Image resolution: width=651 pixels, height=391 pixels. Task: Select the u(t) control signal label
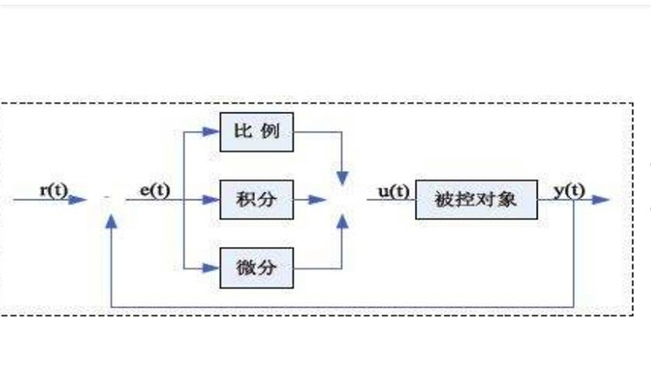click(x=393, y=189)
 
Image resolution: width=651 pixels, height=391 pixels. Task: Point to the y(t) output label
click(x=569, y=189)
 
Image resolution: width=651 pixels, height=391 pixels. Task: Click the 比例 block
click(x=257, y=132)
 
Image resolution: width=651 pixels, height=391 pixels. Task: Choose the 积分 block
click(x=257, y=199)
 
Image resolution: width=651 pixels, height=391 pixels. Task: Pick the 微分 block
click(x=257, y=267)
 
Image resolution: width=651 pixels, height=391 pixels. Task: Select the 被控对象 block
click(x=476, y=199)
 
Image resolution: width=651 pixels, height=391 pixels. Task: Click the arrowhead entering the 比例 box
click(x=211, y=132)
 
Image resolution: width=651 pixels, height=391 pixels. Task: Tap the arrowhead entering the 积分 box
click(x=211, y=200)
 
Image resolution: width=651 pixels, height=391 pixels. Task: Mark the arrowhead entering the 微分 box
click(x=211, y=267)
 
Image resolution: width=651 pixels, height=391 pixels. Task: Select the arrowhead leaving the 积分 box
click(x=319, y=200)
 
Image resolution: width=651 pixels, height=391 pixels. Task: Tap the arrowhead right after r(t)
click(x=79, y=200)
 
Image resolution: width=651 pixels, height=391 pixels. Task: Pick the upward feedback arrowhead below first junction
click(x=110, y=222)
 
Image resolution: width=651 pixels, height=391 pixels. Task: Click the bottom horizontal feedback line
click(x=347, y=307)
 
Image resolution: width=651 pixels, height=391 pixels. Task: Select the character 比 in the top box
click(x=242, y=132)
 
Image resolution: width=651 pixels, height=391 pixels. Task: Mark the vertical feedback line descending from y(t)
click(x=574, y=261)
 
